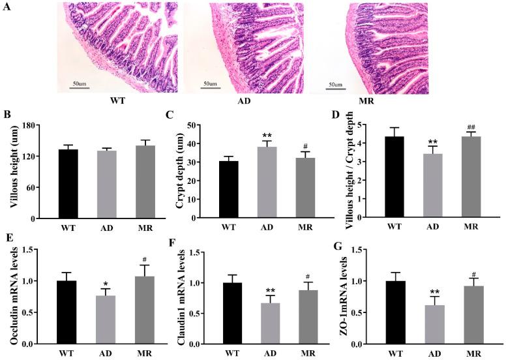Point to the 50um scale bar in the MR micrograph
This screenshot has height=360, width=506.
click(335, 87)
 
